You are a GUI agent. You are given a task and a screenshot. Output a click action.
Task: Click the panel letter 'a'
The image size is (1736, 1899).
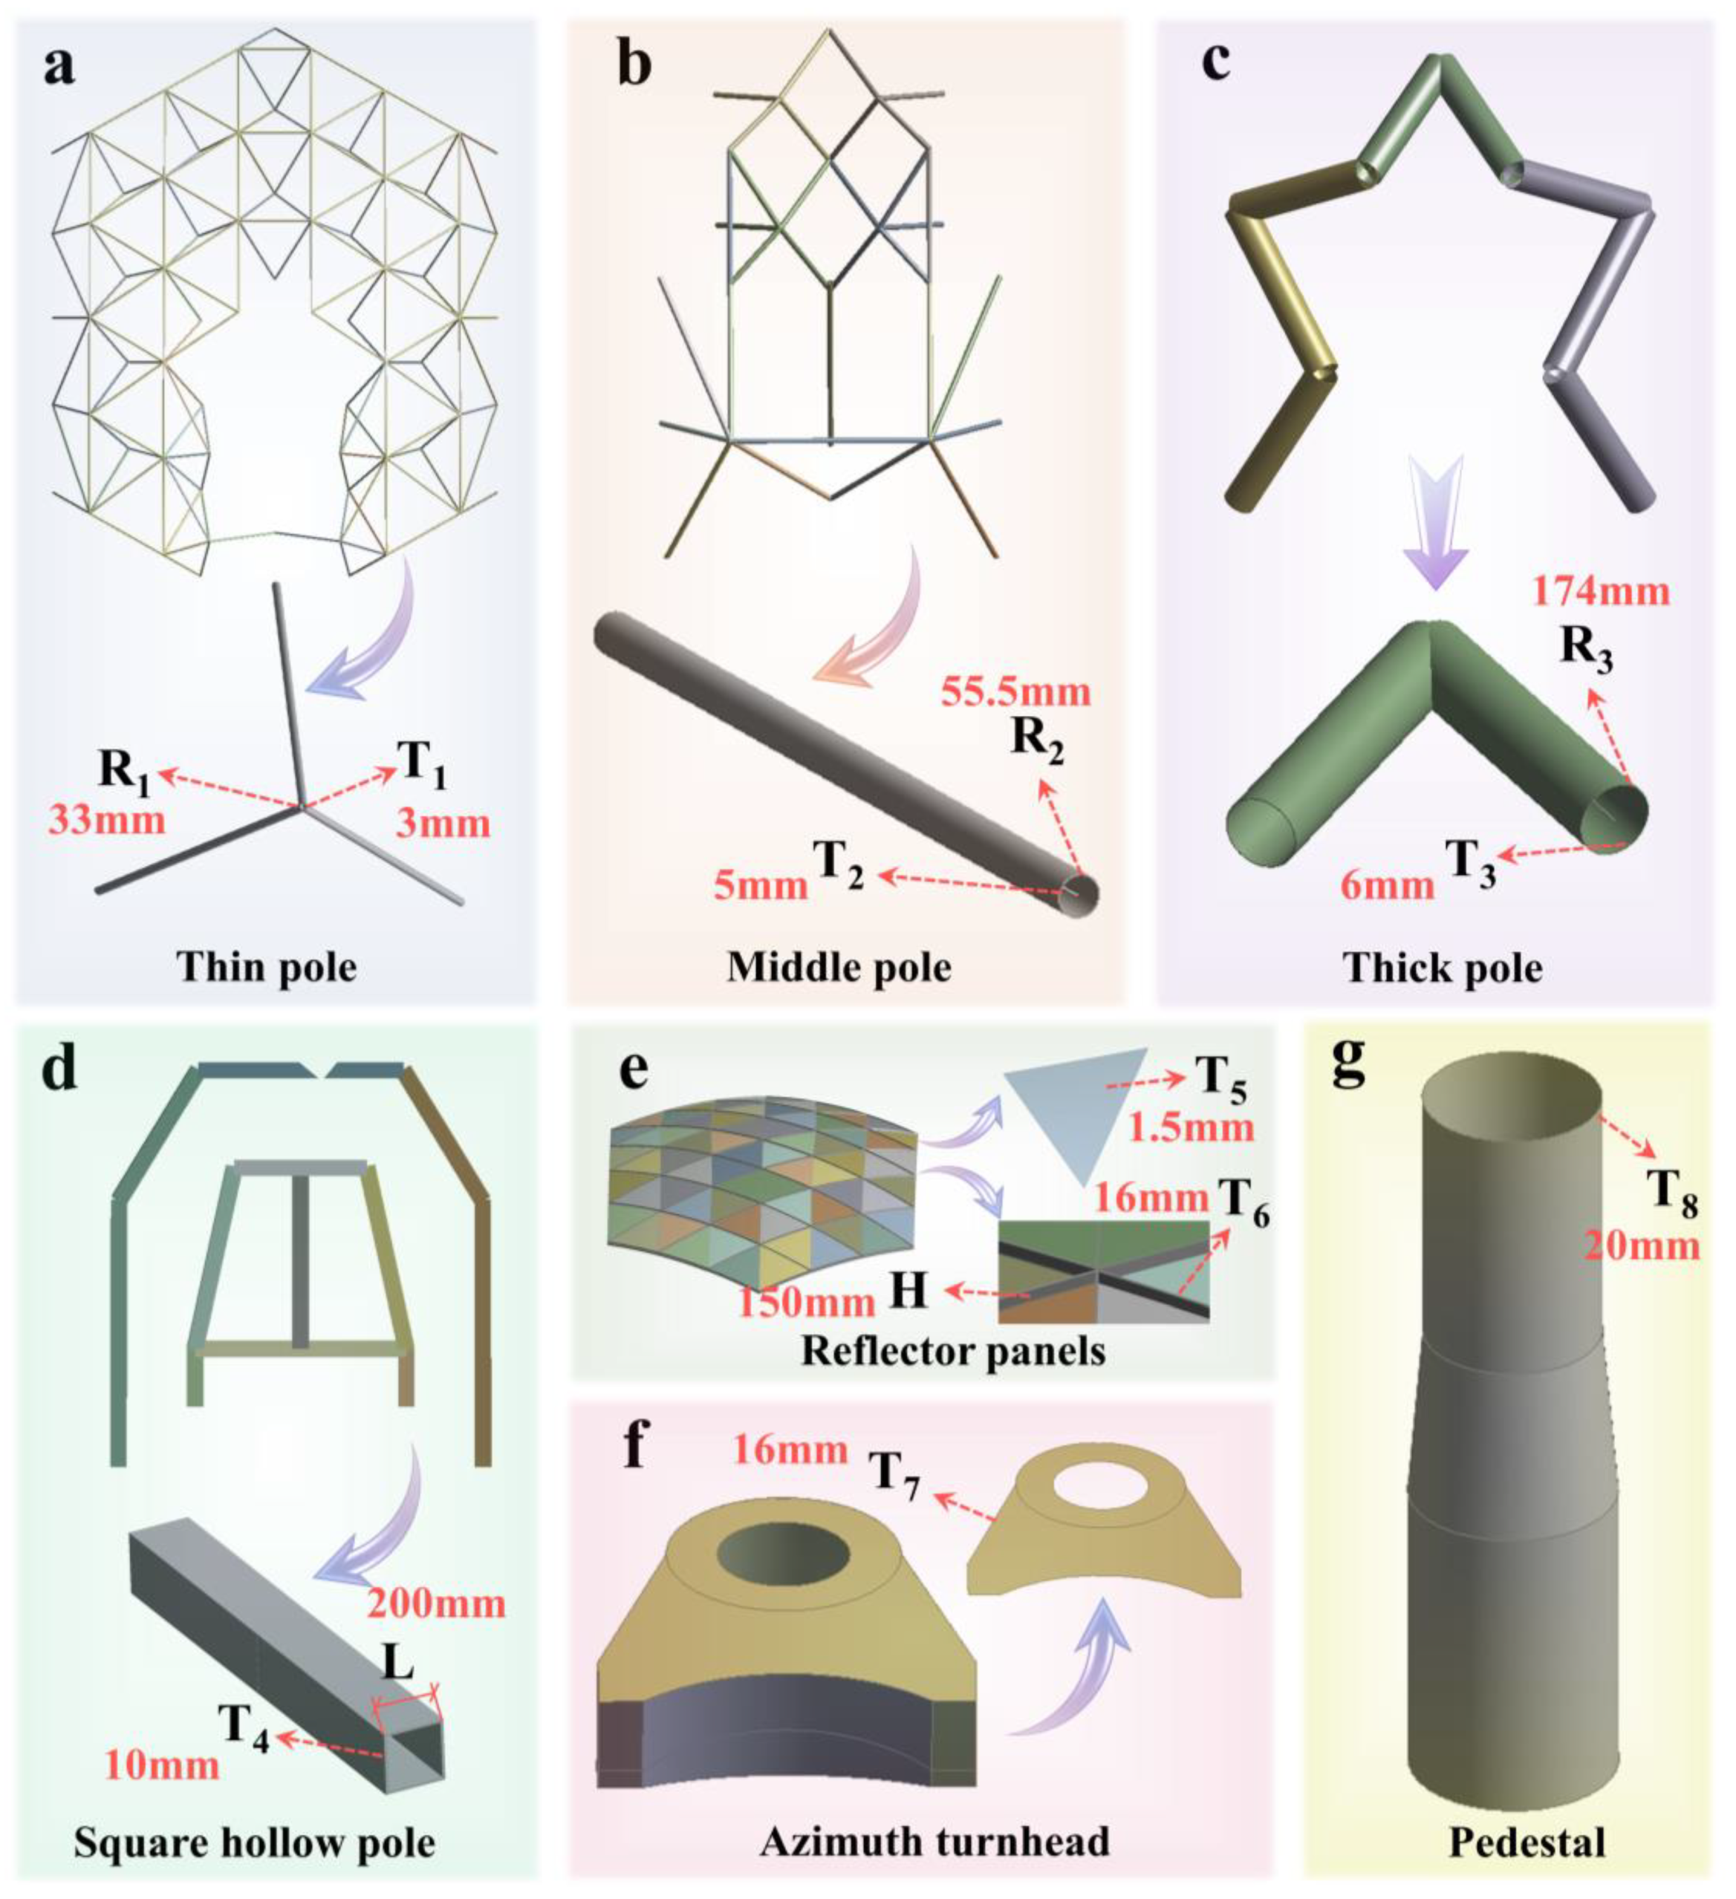click(59, 68)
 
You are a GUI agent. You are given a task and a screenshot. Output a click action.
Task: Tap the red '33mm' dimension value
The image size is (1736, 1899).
click(106, 818)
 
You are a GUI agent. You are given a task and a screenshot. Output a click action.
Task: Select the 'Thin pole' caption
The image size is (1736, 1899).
click(268, 968)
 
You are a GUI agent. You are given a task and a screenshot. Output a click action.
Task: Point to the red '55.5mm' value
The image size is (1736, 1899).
click(1016, 692)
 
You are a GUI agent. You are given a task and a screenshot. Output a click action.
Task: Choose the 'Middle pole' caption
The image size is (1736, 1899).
click(839, 968)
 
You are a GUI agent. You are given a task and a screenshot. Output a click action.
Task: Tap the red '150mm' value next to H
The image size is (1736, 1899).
click(805, 1303)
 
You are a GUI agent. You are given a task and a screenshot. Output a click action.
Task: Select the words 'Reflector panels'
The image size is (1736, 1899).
click(953, 1352)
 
